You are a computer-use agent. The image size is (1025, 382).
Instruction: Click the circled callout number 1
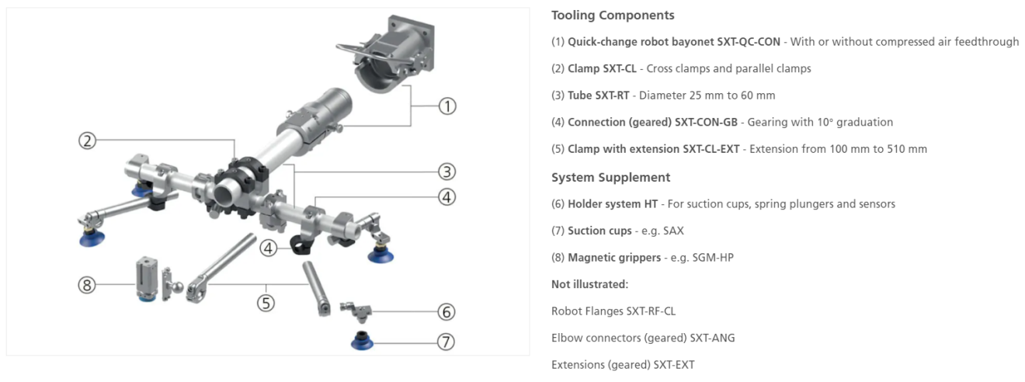click(x=446, y=106)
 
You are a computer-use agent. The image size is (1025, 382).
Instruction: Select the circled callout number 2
click(x=88, y=141)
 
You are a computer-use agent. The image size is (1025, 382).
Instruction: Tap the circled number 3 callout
click(x=446, y=172)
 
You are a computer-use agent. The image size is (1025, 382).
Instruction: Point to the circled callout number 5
click(x=266, y=303)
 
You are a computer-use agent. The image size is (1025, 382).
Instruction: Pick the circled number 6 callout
click(x=446, y=312)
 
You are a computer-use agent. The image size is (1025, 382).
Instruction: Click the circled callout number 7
click(x=446, y=342)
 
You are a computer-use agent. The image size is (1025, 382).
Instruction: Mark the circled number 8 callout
click(x=87, y=285)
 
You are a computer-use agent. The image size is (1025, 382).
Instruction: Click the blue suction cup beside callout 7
click(x=362, y=340)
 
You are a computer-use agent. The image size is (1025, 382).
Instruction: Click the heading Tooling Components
click(x=613, y=16)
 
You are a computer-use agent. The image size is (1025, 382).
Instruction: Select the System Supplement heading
click(x=610, y=177)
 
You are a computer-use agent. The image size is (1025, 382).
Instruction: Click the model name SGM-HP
click(x=714, y=257)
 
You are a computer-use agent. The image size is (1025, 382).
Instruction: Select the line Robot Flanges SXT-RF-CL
click(x=613, y=311)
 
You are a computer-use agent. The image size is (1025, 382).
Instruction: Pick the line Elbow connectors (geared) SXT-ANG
click(x=643, y=338)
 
